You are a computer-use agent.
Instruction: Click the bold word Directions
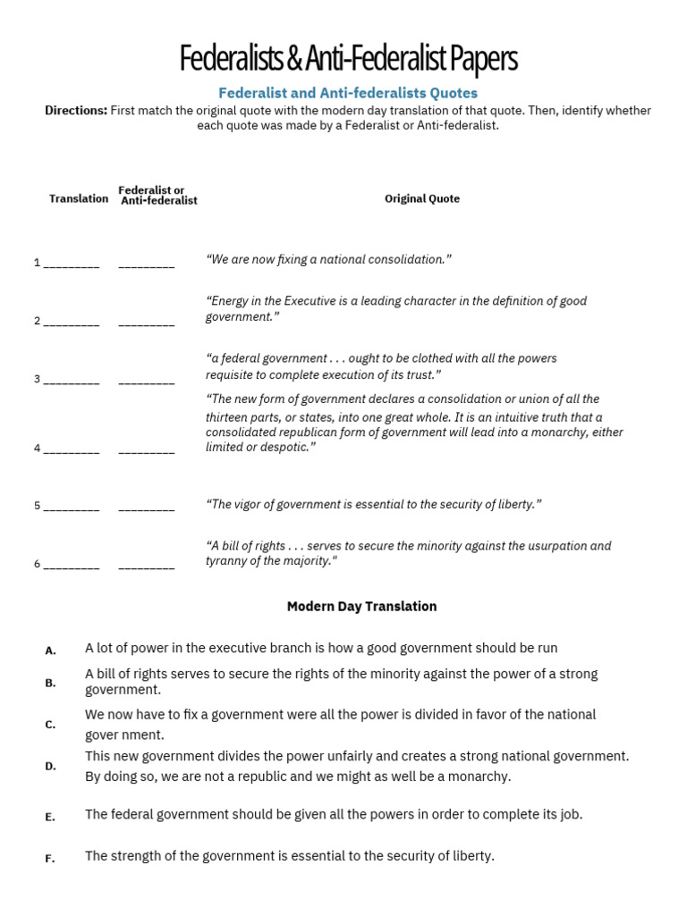[x=76, y=111]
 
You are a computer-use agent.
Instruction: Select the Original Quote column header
[x=422, y=198]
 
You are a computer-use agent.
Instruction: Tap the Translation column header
[x=79, y=198]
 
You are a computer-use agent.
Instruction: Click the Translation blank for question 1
[x=72, y=263]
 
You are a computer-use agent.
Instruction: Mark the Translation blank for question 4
[x=72, y=449]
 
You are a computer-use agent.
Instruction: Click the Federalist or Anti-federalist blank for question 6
[x=147, y=564]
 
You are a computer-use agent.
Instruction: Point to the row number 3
[x=38, y=379]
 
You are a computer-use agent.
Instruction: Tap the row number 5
[x=38, y=506]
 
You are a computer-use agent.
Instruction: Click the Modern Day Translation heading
[x=361, y=607]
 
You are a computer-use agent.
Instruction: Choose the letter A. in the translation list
[x=51, y=651]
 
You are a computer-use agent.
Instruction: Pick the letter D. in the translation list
[x=51, y=766]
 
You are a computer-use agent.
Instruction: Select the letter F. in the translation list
[x=51, y=859]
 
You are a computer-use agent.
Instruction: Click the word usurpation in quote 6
[x=551, y=546]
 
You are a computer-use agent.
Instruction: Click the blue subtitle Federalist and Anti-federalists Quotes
[x=349, y=93]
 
